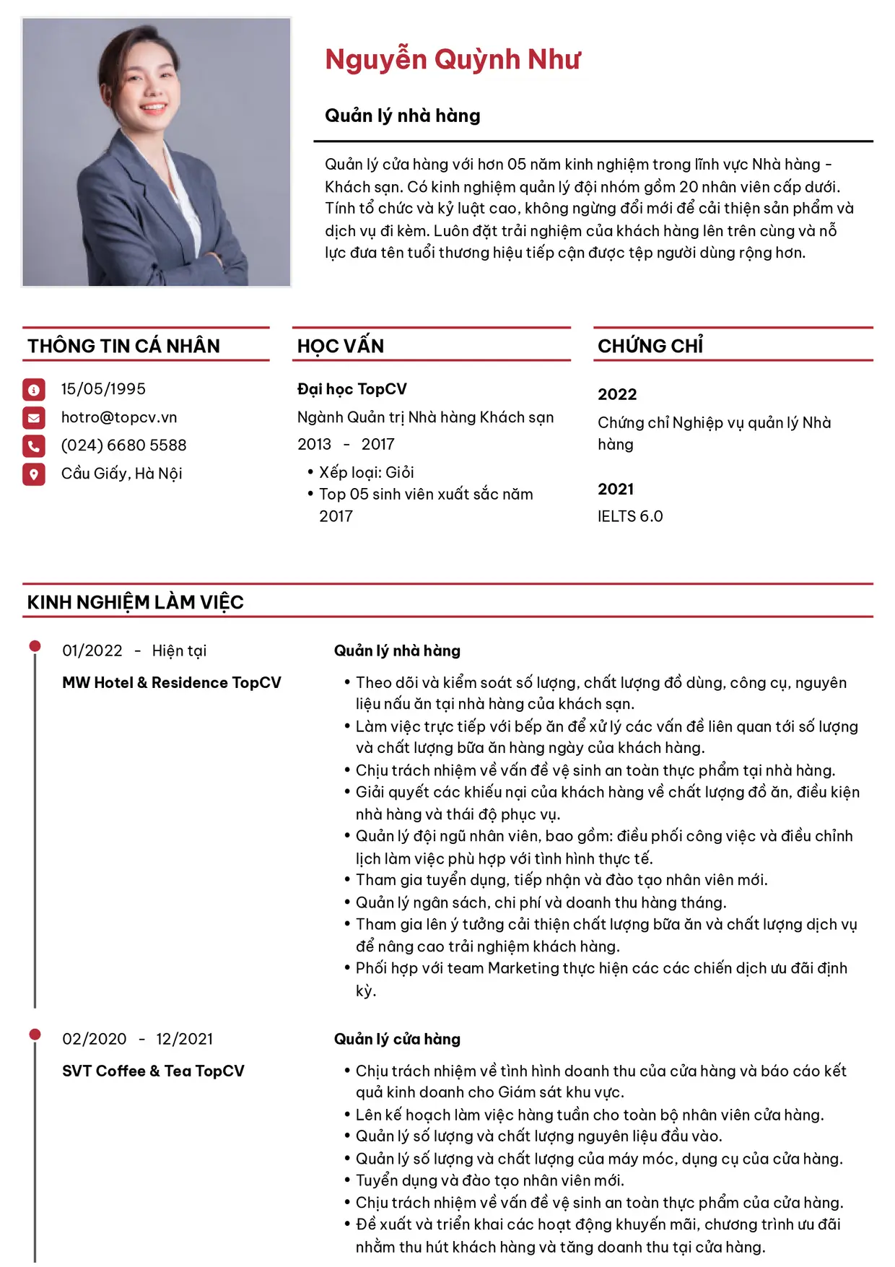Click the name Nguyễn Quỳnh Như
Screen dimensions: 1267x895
coord(453,60)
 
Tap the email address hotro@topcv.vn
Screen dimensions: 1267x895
coord(119,417)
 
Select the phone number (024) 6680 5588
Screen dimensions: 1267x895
coord(123,445)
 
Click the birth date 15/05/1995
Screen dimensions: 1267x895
coord(103,389)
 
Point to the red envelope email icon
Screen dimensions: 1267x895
coord(34,418)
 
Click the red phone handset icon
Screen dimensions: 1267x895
coord(34,446)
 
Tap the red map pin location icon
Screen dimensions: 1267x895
coord(34,474)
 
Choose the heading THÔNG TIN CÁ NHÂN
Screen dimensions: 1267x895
coord(123,347)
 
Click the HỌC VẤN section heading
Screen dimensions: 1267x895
coord(341,347)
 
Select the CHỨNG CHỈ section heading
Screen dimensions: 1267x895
coord(650,347)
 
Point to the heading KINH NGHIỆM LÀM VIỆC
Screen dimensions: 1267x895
coord(136,603)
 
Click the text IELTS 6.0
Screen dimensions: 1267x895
coord(630,517)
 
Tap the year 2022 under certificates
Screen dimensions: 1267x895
coord(617,395)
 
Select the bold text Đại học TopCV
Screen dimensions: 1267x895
coord(352,390)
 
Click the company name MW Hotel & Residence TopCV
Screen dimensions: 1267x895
coord(172,683)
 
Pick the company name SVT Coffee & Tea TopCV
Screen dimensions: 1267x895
coord(153,1071)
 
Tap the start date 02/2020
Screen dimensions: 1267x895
coord(95,1040)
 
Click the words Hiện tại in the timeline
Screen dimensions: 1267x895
coord(179,651)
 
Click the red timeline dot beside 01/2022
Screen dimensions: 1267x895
coord(35,646)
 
